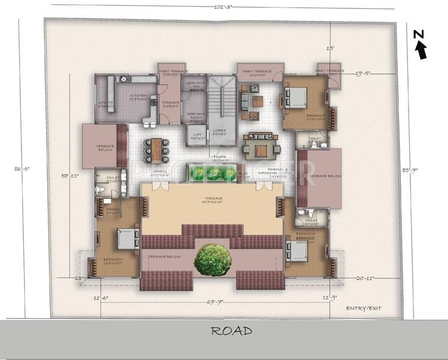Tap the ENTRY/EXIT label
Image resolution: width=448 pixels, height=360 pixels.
[364, 308]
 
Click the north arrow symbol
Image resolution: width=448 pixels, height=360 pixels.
[421, 47]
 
